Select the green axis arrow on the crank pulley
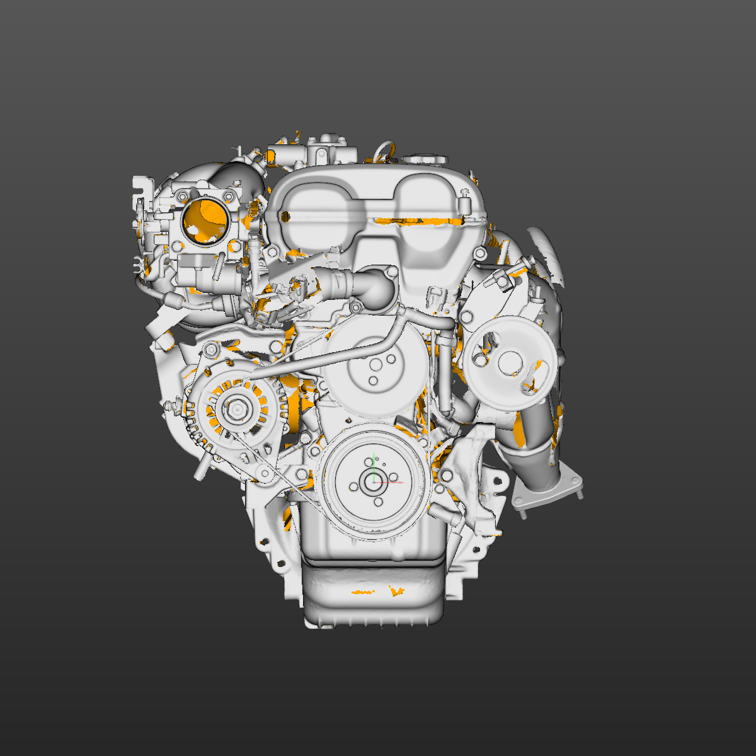374,465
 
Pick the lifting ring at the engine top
384,149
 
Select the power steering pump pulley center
508,364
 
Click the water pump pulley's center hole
376,365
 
